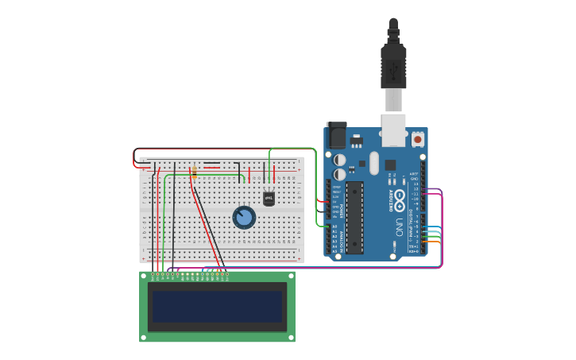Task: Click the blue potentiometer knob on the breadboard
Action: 244,217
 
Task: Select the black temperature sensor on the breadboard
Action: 269,197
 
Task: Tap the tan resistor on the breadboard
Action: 194,171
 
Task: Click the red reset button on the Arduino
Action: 418,139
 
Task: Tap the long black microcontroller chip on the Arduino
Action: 354,217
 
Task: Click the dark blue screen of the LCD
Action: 217,306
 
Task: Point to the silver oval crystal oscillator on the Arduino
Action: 374,163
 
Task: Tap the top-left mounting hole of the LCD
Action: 144,276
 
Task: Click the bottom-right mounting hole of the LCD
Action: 291,337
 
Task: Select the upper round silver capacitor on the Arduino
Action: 340,159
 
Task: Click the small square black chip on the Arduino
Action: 390,165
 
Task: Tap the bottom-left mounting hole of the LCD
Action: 144,337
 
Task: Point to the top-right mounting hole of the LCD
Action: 291,276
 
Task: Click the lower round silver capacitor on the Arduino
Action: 340,174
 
